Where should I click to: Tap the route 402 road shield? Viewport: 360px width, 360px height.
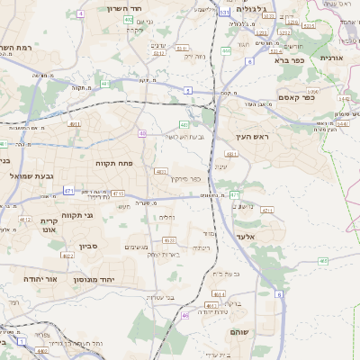point(129,19)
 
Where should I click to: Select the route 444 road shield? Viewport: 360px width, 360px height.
point(225,50)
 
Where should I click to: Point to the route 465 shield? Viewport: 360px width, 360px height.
point(323,261)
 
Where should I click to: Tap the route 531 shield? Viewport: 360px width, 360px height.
point(223,12)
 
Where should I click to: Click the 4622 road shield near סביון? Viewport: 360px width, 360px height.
point(68,256)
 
